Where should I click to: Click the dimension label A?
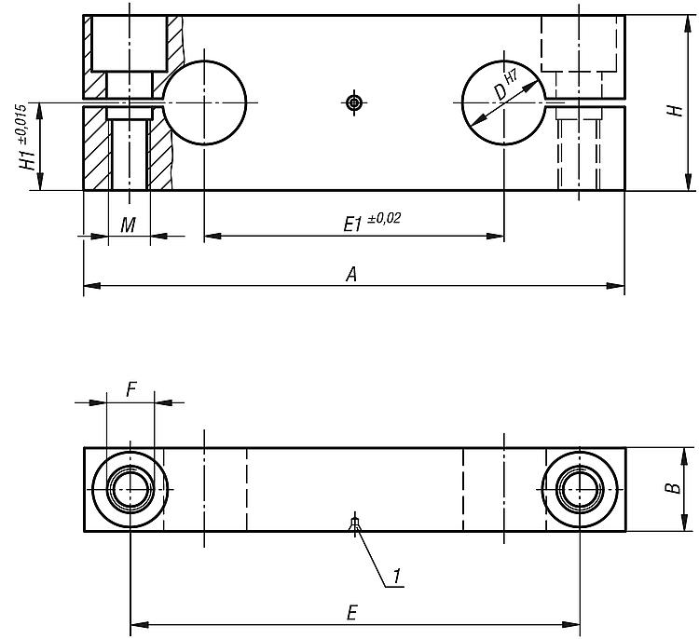pyautogui.click(x=351, y=274)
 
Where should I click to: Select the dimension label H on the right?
pyautogui.click(x=671, y=111)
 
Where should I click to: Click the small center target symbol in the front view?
pyautogui.click(x=352, y=102)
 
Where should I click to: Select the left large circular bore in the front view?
pyautogui.click(x=207, y=102)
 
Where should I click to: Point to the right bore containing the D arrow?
pyautogui.click(x=503, y=102)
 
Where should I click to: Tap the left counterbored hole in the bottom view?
pyautogui.click(x=130, y=489)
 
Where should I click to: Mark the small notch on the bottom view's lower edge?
pyautogui.click(x=353, y=525)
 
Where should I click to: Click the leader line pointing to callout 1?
pyautogui.click(x=371, y=556)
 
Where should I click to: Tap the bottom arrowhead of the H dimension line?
pyautogui.click(x=686, y=184)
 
